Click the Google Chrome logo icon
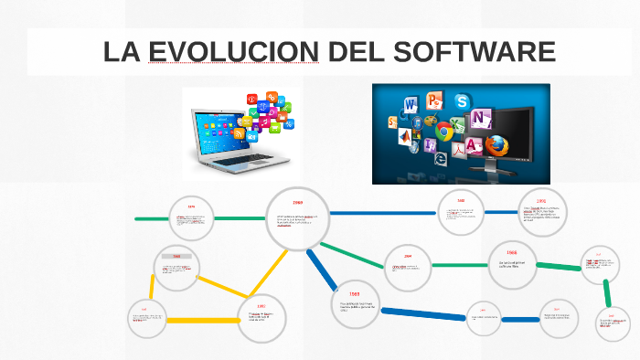(445, 131)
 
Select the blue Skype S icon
(462, 101)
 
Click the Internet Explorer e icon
(440, 157)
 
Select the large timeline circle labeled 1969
(297, 218)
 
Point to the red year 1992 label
(541, 200)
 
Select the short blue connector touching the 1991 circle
(521, 319)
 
